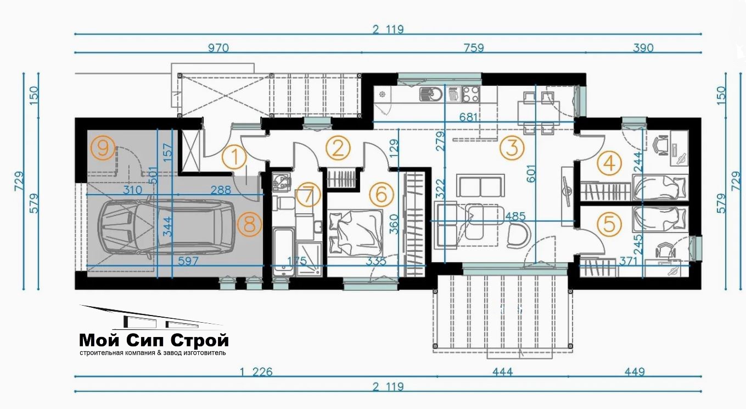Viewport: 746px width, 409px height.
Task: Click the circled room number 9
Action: click(x=103, y=148)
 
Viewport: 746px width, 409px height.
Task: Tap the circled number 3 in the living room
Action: click(x=512, y=147)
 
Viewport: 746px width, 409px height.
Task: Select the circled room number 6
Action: click(x=382, y=195)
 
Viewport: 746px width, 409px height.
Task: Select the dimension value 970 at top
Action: click(x=218, y=48)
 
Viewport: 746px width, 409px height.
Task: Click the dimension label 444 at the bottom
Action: click(x=503, y=372)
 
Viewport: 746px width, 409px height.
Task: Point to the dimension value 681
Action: click(x=469, y=117)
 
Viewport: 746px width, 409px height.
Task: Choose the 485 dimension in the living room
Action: click(x=515, y=216)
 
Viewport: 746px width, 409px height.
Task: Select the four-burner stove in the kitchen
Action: click(x=471, y=94)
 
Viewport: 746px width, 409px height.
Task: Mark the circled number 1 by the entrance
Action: click(x=234, y=157)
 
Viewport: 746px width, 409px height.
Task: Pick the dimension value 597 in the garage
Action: click(x=188, y=261)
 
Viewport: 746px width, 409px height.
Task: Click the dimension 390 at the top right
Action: click(x=643, y=48)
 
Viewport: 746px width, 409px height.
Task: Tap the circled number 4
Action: click(x=609, y=163)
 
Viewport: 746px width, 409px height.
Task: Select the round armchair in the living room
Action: click(x=519, y=235)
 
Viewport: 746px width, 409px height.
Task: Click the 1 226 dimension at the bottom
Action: click(x=256, y=372)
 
